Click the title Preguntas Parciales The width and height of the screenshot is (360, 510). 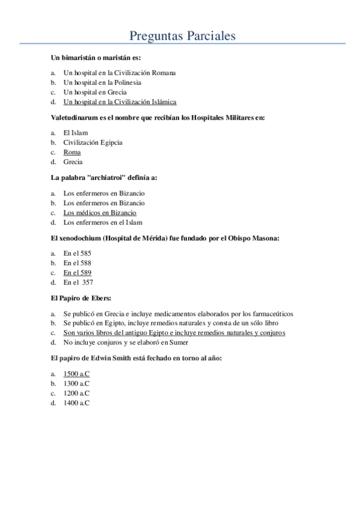point(183,35)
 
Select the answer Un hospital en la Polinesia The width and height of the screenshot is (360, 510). point(102,82)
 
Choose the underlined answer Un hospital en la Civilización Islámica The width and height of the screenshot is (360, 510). point(120,102)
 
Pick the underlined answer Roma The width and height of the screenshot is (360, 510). point(72,152)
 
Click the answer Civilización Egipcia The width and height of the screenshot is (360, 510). point(93,143)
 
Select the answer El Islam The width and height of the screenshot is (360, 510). point(75,133)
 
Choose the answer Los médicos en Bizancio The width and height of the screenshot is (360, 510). point(100,213)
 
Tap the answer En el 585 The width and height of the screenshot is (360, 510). point(77,253)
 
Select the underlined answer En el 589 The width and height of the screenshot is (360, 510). point(77,272)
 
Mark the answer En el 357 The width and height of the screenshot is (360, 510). point(78,282)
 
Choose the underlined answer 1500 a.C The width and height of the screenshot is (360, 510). point(76,373)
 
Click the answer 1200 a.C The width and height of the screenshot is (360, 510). point(76,393)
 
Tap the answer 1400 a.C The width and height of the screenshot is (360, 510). point(76,402)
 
